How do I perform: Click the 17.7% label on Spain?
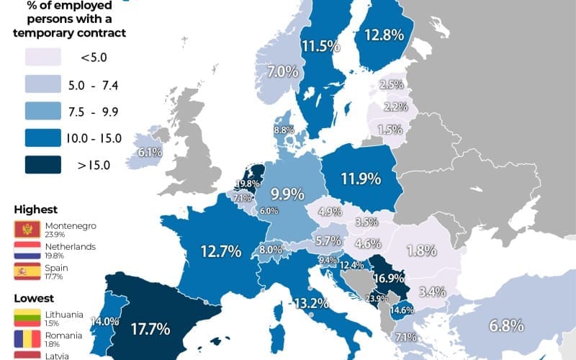pos(150,330)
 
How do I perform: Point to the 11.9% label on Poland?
pos(361,179)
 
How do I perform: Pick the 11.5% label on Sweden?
pos(320,47)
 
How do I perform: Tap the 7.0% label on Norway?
pos(283,72)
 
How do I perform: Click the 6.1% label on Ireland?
pos(150,152)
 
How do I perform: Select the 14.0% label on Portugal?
pos(105,322)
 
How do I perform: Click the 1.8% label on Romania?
pos(421,251)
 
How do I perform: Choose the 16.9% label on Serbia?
pos(387,278)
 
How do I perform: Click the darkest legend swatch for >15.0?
pos(42,165)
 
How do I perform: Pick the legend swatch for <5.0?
pos(42,58)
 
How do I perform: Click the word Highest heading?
pos(35,210)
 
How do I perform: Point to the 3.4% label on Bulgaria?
pos(432,292)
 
